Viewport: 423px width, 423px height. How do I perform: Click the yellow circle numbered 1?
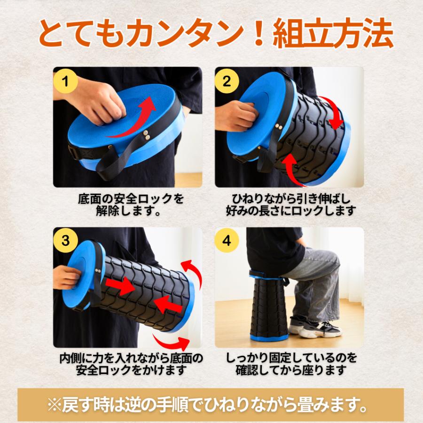pyautogui.click(x=65, y=81)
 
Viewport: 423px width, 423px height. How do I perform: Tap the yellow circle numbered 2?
pyautogui.click(x=227, y=81)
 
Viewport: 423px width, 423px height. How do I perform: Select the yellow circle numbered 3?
pyautogui.click(x=65, y=240)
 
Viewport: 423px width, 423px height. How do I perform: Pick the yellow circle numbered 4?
pyautogui.click(x=227, y=240)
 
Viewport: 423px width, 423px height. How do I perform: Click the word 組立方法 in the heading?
pyautogui.click(x=333, y=33)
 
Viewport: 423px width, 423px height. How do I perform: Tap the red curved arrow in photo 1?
pyautogui.click(x=132, y=119)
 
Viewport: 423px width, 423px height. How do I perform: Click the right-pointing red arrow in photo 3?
pyautogui.click(x=119, y=286)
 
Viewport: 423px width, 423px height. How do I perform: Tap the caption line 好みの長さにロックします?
pyautogui.click(x=290, y=211)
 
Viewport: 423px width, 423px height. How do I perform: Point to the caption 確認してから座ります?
pyautogui.click(x=291, y=370)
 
